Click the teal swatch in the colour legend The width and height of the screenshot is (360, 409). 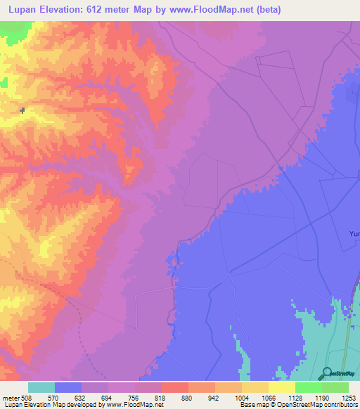[x=41, y=387]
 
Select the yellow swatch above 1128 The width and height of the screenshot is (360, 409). [x=281, y=387]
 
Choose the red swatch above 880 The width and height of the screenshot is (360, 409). [x=174, y=387]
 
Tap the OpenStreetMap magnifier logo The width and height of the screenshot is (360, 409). [x=328, y=372]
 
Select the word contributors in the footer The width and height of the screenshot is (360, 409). [x=340, y=405]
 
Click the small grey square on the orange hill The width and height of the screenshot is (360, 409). [x=22, y=110]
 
